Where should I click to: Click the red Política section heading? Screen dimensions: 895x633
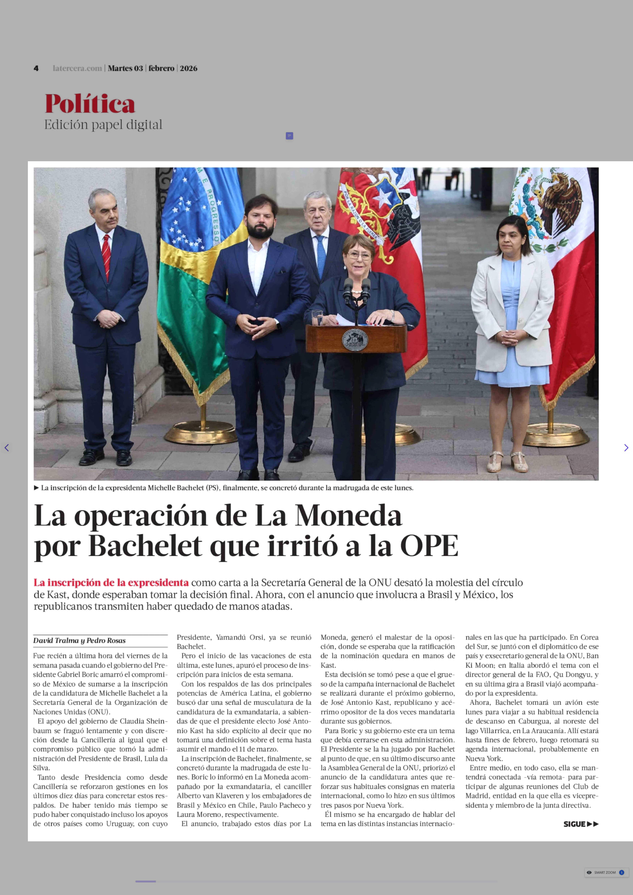coord(90,104)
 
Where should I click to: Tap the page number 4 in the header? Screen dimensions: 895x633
coord(36,68)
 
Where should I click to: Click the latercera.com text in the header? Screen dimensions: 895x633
coord(77,68)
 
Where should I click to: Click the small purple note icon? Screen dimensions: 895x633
coord(289,136)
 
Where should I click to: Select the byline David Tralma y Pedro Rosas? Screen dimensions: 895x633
coord(80,640)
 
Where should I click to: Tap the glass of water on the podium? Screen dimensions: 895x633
coord(317,318)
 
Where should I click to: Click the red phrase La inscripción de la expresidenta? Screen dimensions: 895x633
coord(111,582)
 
